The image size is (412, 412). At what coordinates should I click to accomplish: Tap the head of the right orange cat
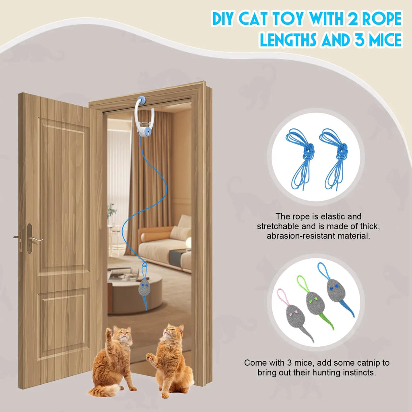point(172,332)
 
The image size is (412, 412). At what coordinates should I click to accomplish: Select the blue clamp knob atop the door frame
point(143,99)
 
